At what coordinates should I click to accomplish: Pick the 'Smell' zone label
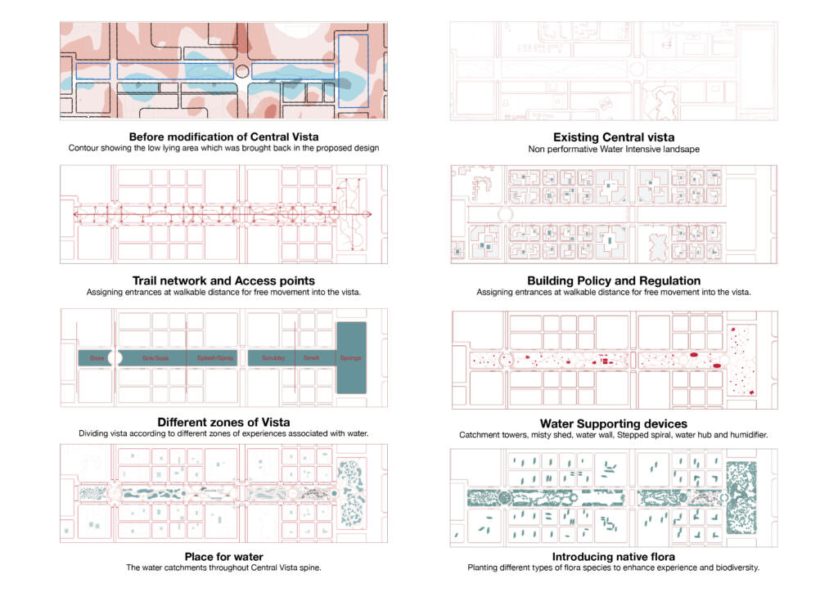coord(311,358)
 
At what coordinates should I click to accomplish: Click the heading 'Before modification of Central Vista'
coord(223,137)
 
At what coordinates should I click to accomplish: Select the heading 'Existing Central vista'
coord(614,137)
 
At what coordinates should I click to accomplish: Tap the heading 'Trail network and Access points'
coord(223,280)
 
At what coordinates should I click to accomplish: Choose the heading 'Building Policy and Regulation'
coord(614,280)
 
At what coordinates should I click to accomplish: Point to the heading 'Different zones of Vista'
coord(223,422)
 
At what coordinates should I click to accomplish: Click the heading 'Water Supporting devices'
coord(614,423)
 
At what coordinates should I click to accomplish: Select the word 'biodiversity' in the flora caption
coord(733,567)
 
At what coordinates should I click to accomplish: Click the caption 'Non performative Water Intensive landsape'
coord(614,148)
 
